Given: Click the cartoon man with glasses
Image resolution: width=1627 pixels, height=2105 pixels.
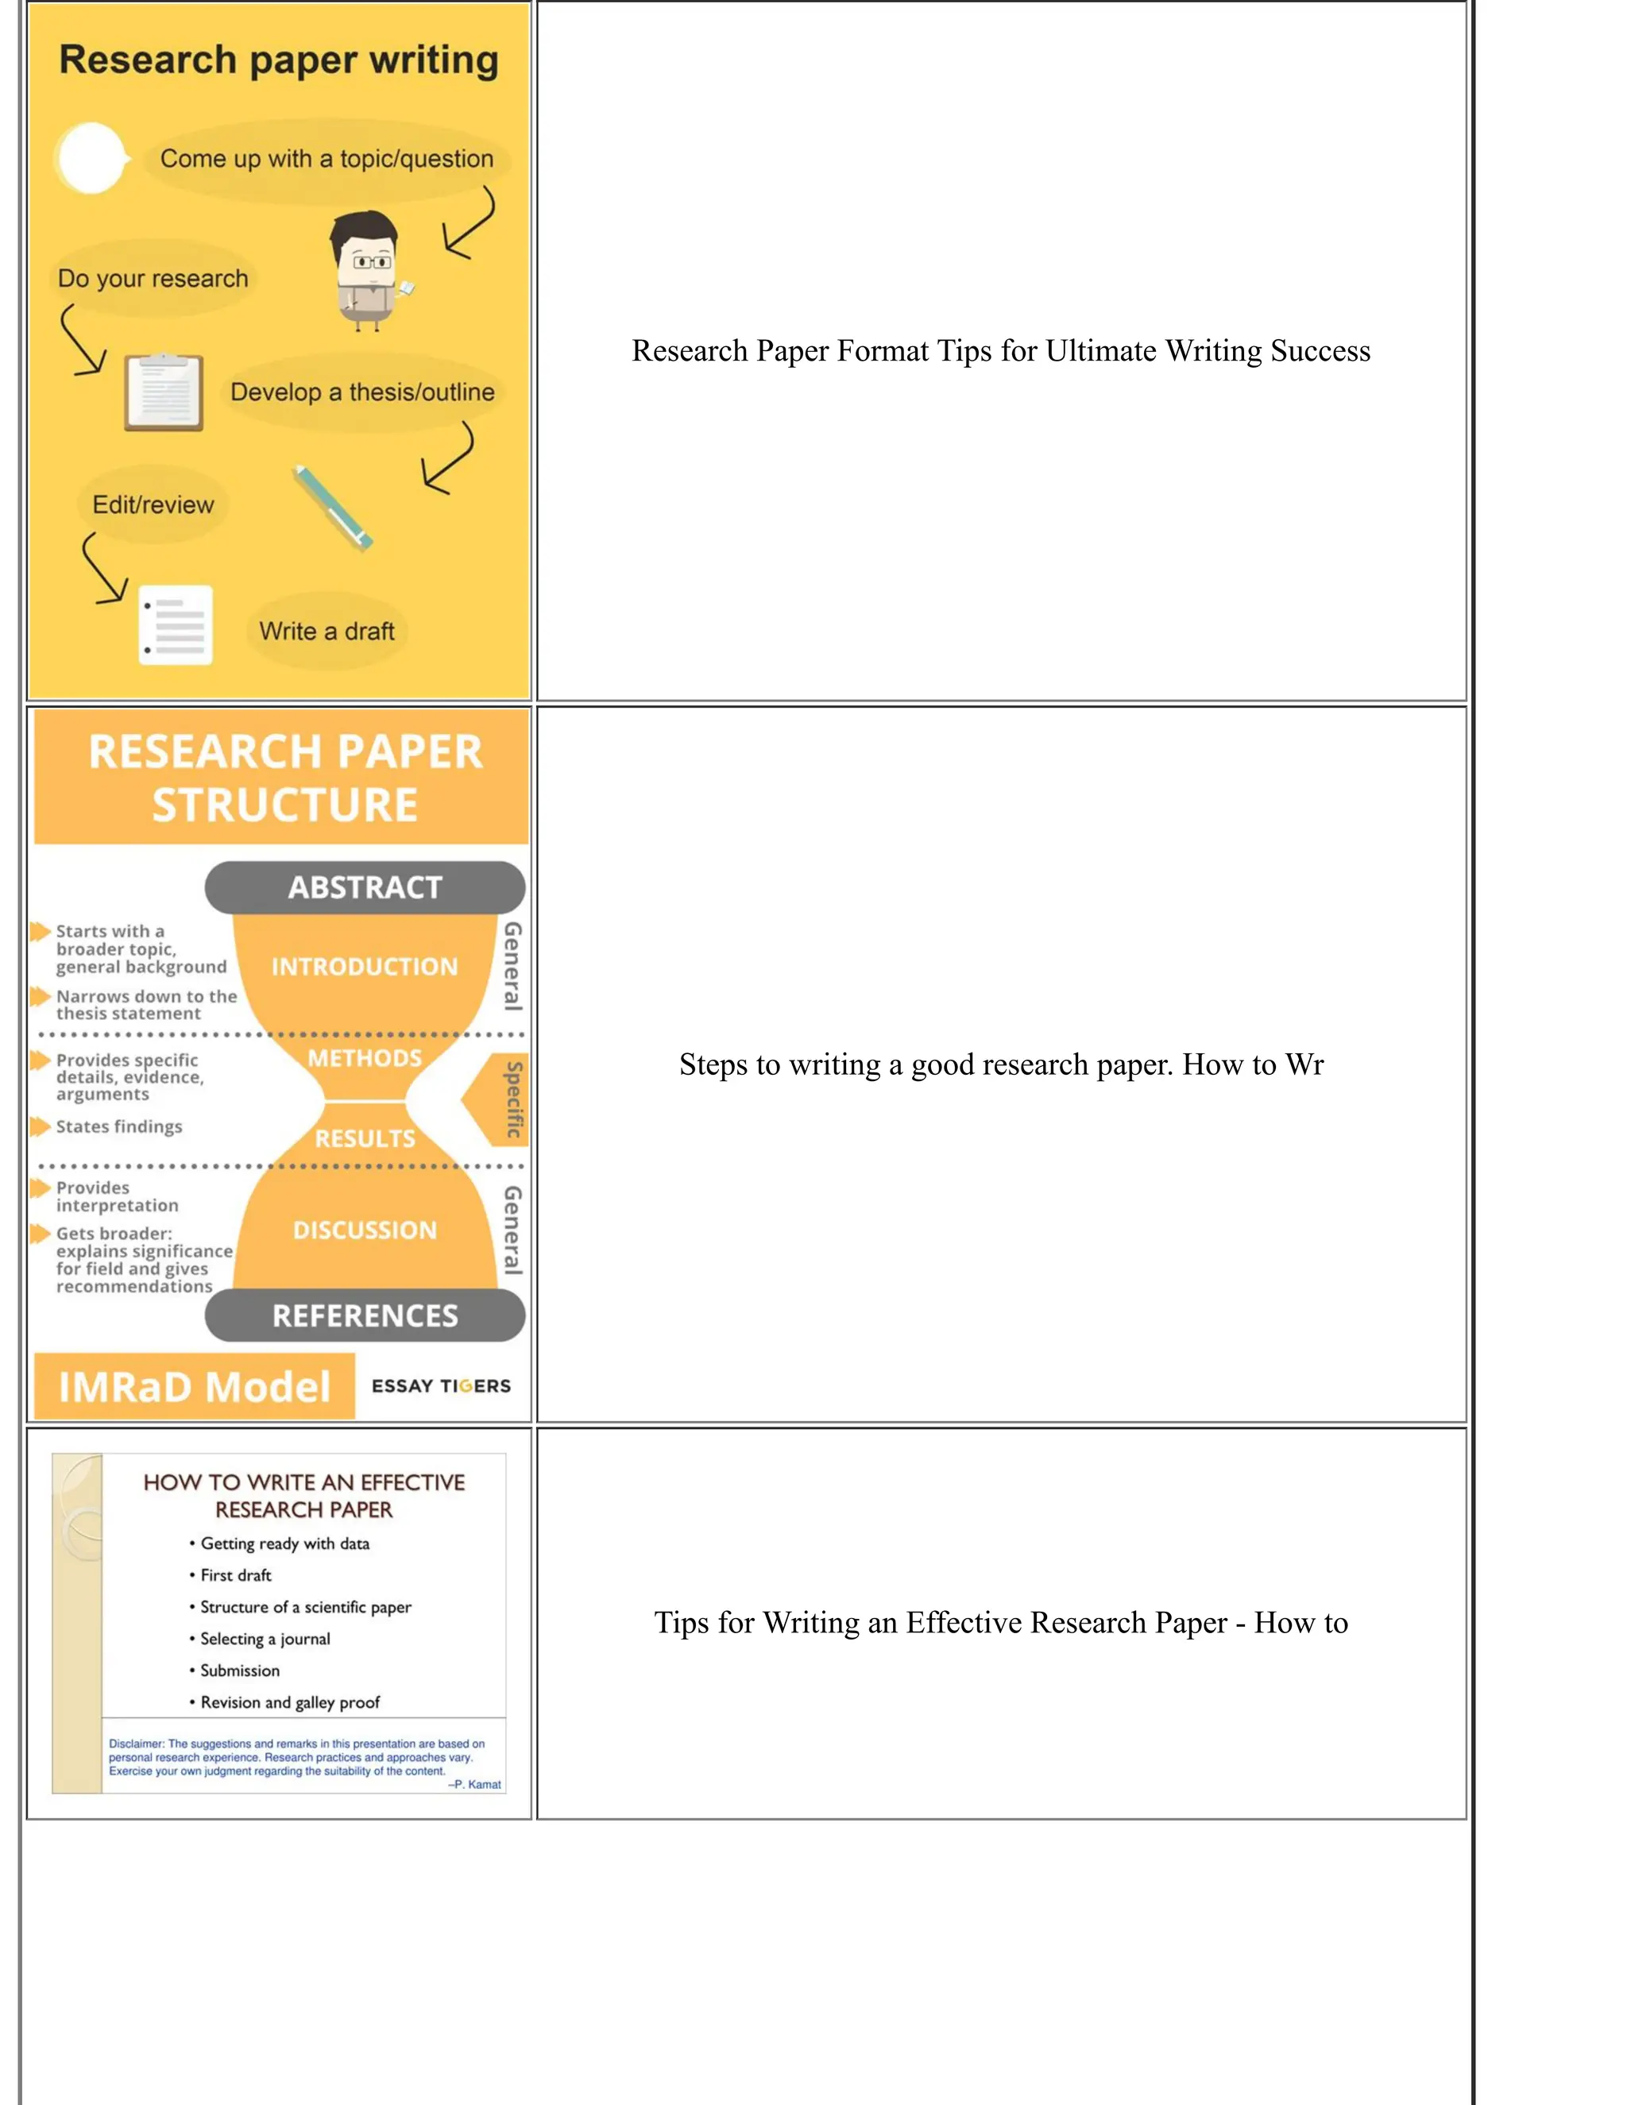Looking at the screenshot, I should [365, 270].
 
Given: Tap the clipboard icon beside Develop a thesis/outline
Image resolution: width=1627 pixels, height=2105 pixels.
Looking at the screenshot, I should [164, 392].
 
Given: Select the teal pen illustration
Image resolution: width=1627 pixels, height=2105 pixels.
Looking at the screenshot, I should [333, 508].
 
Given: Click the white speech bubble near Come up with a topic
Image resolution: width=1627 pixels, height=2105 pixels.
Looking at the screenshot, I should [91, 158].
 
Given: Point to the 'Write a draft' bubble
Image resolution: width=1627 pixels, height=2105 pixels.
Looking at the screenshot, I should [327, 631].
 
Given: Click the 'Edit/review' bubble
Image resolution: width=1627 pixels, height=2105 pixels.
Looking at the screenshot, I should [153, 504].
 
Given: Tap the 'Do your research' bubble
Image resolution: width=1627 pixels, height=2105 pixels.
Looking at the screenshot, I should [153, 279].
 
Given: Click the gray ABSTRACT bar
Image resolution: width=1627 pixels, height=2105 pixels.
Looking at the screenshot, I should [365, 886].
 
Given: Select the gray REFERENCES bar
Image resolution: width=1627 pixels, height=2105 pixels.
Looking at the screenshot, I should [365, 1315].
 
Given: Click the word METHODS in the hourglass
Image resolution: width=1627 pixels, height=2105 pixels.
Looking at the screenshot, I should [365, 1057].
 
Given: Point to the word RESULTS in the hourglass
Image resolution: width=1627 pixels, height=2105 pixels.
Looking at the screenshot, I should [365, 1138].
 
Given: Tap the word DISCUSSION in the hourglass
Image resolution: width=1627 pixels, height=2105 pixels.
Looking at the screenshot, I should [365, 1230].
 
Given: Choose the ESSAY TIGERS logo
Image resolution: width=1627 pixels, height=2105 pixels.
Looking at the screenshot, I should [442, 1386].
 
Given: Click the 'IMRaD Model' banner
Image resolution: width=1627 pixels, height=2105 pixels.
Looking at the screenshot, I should [195, 1387].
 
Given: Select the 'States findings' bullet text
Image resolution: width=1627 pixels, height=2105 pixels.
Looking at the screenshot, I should [118, 1126].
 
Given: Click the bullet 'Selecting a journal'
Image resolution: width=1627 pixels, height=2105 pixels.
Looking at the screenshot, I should [265, 1639].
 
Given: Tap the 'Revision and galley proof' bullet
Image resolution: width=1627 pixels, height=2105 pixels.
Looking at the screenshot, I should [290, 1702].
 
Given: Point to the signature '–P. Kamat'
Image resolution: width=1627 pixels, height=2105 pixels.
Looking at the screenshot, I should [474, 1784].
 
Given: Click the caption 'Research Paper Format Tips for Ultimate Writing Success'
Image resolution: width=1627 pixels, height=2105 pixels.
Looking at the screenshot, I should [1000, 351].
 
